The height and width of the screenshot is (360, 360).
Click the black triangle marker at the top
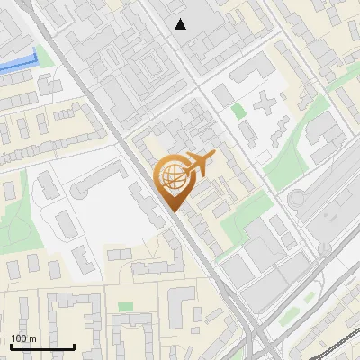(x=181, y=24)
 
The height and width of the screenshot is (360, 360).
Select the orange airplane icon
(x=199, y=164)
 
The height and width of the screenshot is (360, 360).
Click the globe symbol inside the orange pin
(x=173, y=178)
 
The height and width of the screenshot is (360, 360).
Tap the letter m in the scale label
(x=32, y=338)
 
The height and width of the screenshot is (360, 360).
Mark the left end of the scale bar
(x=11, y=346)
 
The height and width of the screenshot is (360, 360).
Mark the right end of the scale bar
(x=74, y=346)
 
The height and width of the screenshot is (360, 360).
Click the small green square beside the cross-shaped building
(x=238, y=112)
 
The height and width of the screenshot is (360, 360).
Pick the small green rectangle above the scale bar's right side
(x=125, y=308)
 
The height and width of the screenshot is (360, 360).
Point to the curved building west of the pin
(x=85, y=184)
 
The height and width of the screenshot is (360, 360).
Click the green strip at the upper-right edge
(x=345, y=78)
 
